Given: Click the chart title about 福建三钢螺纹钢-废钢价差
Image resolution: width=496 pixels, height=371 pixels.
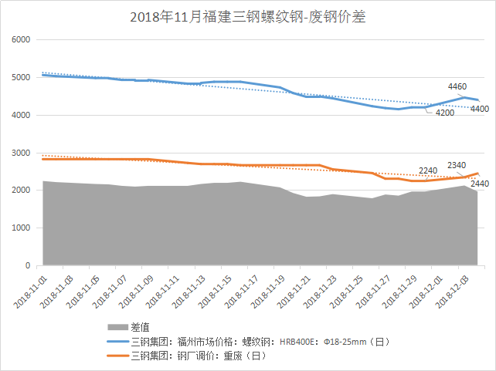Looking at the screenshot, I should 248,16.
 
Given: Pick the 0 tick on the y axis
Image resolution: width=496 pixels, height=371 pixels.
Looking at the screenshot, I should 26,265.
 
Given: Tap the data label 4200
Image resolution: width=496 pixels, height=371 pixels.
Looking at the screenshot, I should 444,113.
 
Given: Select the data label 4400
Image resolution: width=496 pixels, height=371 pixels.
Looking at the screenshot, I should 479,109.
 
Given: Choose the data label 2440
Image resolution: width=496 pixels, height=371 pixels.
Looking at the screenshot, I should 479,184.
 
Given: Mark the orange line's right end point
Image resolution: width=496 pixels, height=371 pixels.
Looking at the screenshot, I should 478,174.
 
